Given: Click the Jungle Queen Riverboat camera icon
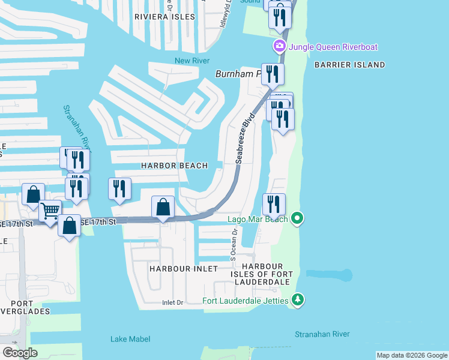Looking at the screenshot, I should [x=279, y=47].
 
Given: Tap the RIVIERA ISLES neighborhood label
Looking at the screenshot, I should [x=164, y=17].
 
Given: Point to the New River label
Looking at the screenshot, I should [x=190, y=61].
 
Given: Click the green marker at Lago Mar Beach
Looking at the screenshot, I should [x=297, y=218].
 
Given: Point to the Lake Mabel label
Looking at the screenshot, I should [x=130, y=339].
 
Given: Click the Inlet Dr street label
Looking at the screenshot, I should [x=172, y=303].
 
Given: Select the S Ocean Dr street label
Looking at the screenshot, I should [x=234, y=244].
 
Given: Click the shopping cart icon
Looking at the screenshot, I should [x=50, y=211].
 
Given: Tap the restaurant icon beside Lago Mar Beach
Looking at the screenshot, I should [x=274, y=204].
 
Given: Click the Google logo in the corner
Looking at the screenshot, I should [x=19, y=352].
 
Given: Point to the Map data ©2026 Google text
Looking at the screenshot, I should [x=411, y=355].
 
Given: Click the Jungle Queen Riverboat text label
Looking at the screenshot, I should [x=334, y=47].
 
